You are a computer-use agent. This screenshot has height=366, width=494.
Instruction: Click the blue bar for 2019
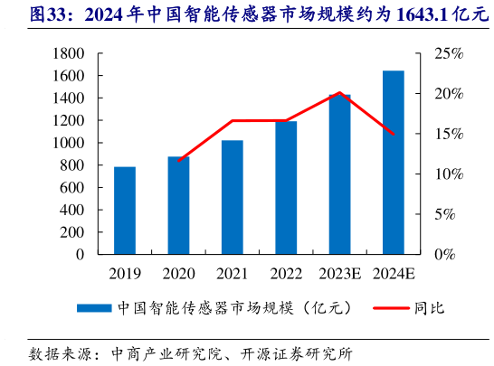tap(125, 211)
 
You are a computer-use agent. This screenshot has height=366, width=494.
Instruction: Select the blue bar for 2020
tap(178, 205)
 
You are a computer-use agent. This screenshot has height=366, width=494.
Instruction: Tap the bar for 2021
tap(233, 197)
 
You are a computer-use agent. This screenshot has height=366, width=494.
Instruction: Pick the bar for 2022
tap(286, 188)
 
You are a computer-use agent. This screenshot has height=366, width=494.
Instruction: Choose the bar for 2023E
tap(339, 174)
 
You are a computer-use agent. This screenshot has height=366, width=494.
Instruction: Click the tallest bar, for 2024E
tap(394, 163)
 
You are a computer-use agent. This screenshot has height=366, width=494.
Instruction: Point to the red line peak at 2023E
tap(339, 93)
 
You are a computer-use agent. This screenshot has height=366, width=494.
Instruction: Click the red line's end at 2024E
tap(394, 134)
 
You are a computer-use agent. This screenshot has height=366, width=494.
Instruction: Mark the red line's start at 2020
tap(179, 161)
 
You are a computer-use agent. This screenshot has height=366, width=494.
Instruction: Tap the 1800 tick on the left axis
tap(65, 53)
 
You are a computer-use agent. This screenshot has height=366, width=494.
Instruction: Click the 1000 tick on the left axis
tap(65, 143)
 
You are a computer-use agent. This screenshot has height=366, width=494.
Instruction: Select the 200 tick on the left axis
tap(69, 232)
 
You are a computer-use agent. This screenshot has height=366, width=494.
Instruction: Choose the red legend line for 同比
tap(390, 308)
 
